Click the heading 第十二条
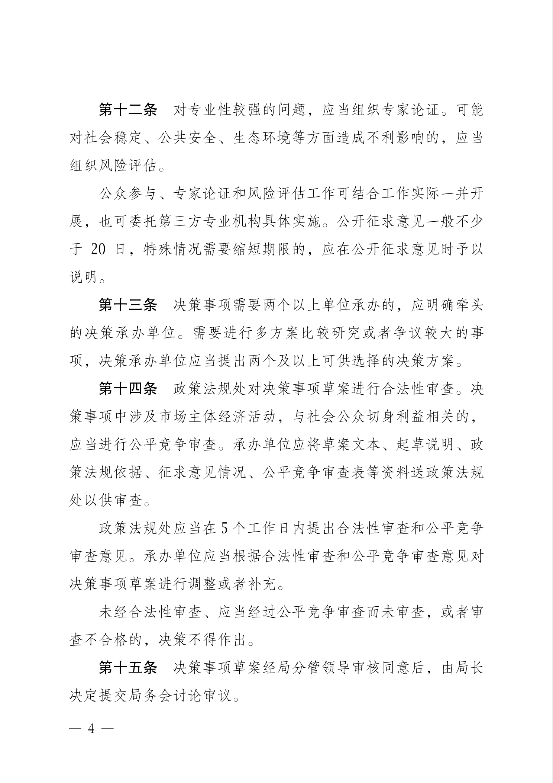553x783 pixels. tap(128, 110)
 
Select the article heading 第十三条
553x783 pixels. tap(128, 305)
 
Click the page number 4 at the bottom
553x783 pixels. tap(91, 728)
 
